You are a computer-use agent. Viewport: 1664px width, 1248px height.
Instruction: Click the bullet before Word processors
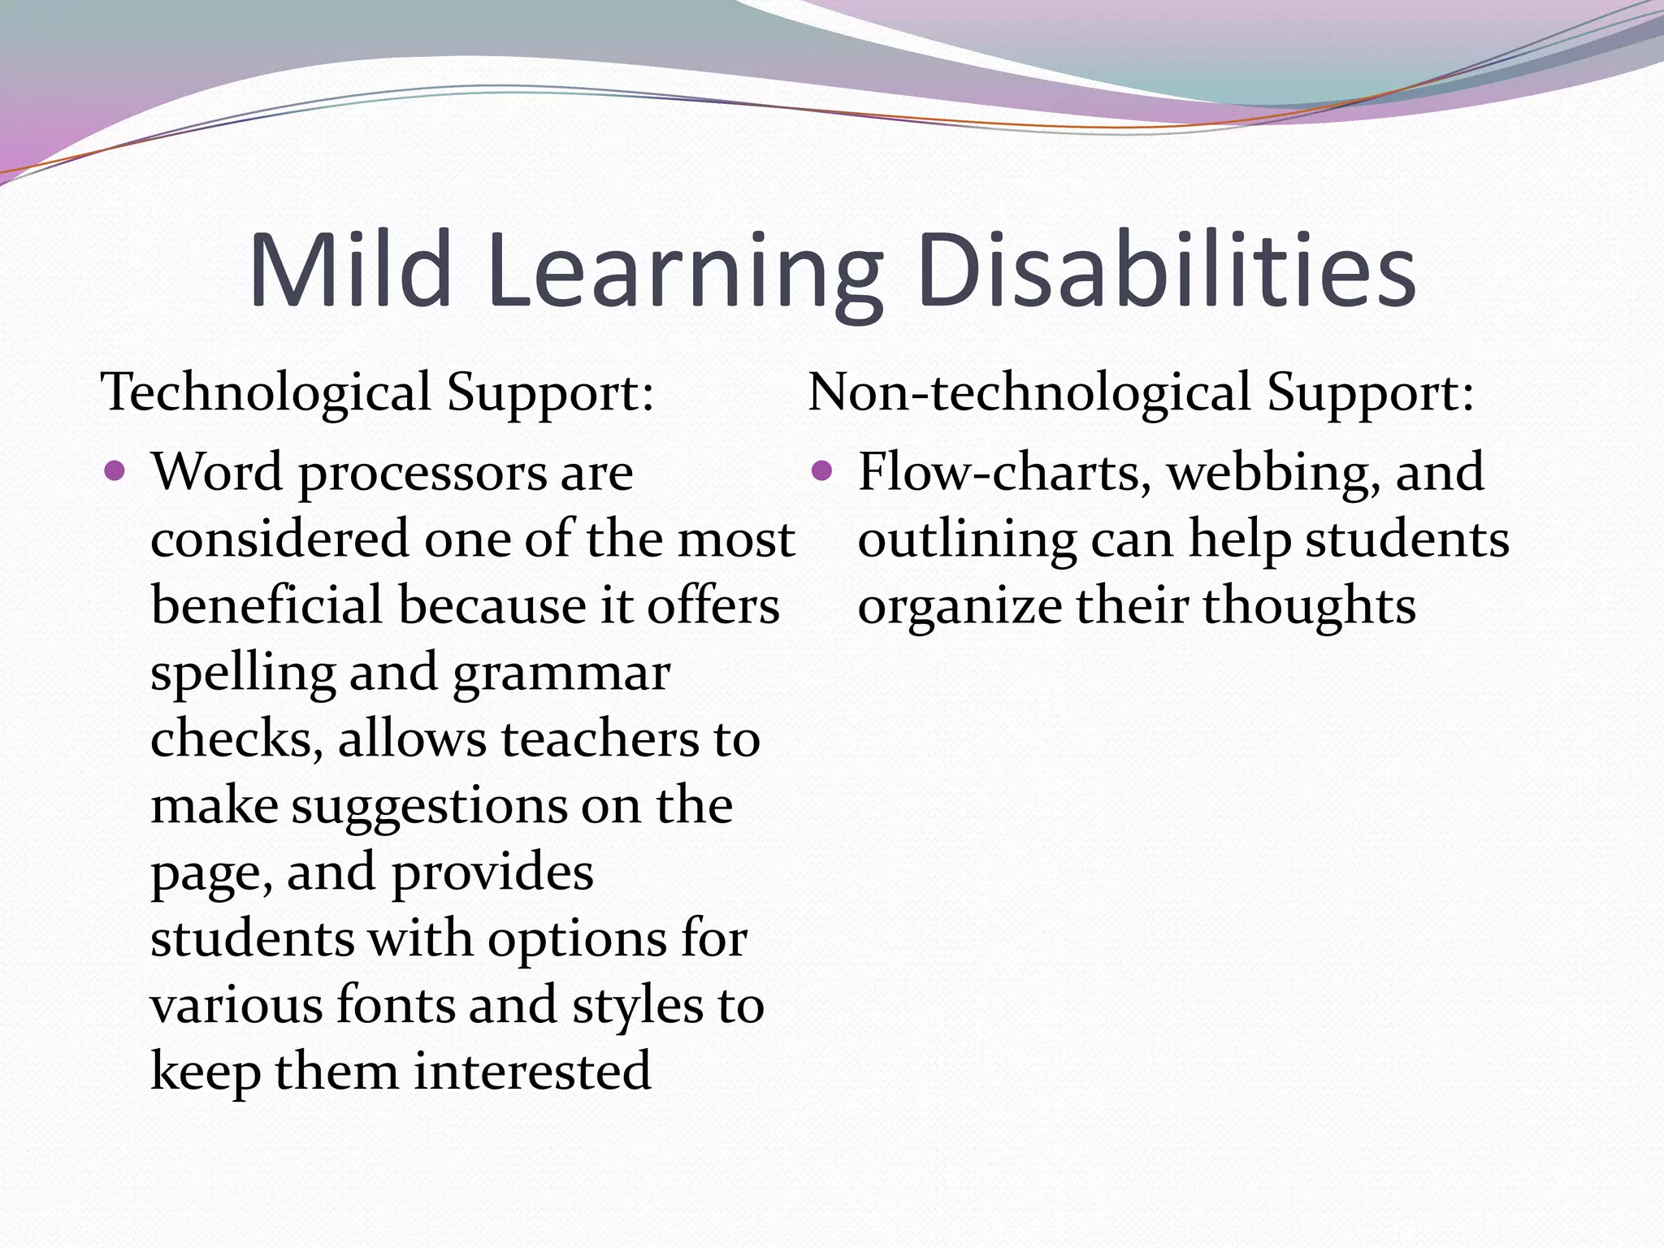click(115, 470)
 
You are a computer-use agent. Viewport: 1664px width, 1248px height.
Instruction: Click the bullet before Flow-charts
click(822, 470)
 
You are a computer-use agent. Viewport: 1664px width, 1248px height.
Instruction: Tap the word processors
click(423, 474)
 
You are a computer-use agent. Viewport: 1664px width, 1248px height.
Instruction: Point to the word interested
click(532, 1071)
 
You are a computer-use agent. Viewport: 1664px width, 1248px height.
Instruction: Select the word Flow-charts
click(999, 472)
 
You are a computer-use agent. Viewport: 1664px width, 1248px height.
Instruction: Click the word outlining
click(967, 541)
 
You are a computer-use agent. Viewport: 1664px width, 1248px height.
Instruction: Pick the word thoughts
click(1309, 606)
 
